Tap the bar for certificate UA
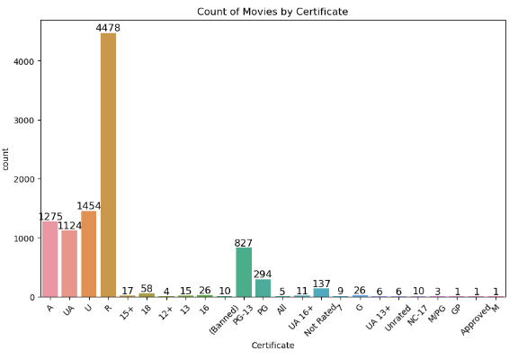tap(69, 264)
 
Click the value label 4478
tap(108, 28)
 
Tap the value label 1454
tap(88, 206)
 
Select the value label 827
tap(243, 243)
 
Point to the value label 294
tap(263, 274)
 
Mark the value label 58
tap(147, 288)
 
